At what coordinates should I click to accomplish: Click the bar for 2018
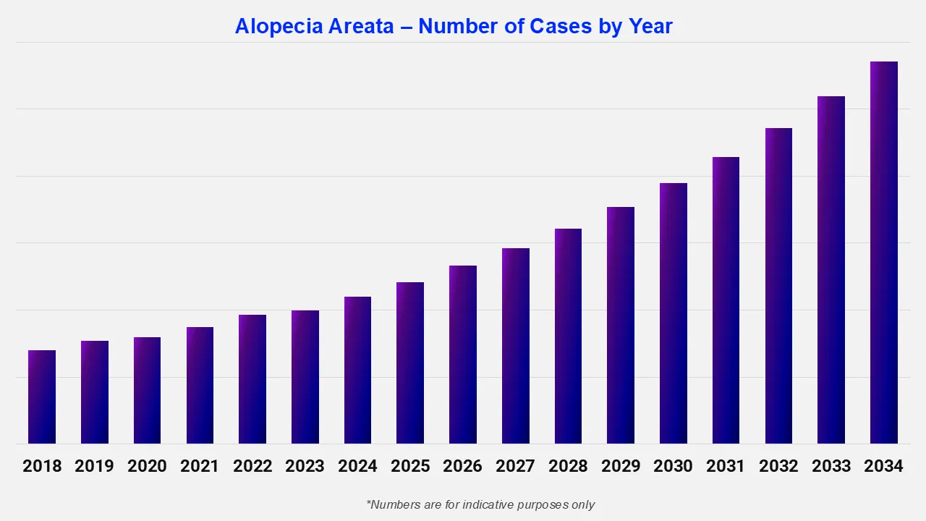click(x=42, y=397)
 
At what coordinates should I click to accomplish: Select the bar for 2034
click(x=883, y=253)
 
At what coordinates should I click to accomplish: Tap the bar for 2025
click(x=410, y=363)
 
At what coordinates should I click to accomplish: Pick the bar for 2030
click(x=673, y=313)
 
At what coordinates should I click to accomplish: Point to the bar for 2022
click(x=252, y=379)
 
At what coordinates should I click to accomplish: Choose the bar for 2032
click(x=778, y=286)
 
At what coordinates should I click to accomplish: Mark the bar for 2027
click(x=515, y=346)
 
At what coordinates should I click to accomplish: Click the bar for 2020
click(x=147, y=390)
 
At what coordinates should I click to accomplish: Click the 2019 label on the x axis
click(x=94, y=466)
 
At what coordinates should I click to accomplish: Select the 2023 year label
click(x=305, y=466)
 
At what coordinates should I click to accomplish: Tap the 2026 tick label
click(x=462, y=466)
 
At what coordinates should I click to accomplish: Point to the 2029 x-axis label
click(x=620, y=466)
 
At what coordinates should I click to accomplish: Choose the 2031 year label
click(x=726, y=466)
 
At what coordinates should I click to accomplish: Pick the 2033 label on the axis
click(x=831, y=466)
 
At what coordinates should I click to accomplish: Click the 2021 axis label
click(x=200, y=466)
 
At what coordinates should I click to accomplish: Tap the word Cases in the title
click(x=561, y=27)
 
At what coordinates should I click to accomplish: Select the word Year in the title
click(x=649, y=27)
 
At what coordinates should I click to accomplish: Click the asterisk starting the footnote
click(x=369, y=502)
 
